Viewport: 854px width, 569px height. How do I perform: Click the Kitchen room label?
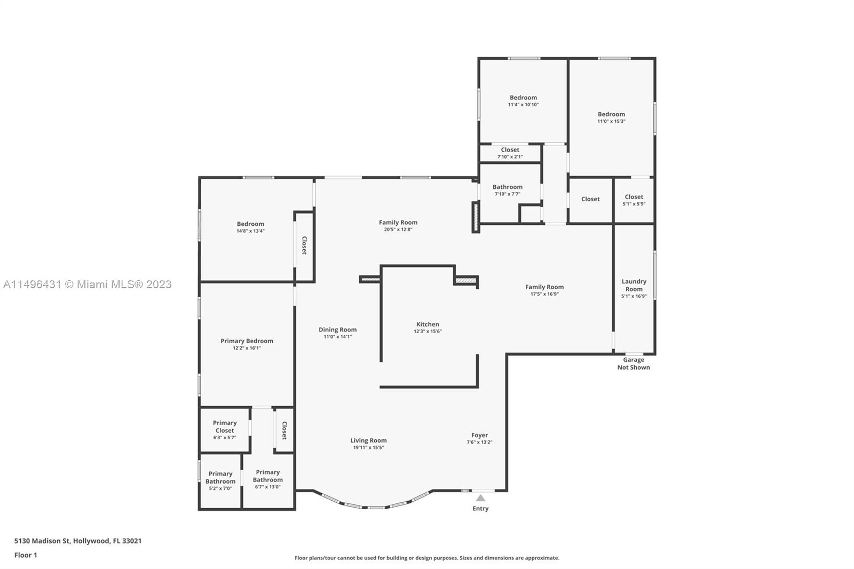pos(428,324)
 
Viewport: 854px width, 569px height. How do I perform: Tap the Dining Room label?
pos(337,329)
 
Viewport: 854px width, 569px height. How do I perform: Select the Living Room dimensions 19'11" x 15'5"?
pos(368,447)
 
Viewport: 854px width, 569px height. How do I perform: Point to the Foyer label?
pos(479,435)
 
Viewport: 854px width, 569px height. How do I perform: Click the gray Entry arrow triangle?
pos(480,497)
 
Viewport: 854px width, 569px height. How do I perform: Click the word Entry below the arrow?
pos(480,508)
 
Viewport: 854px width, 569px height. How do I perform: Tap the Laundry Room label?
pos(634,285)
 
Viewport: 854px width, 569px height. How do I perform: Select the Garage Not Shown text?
pos(634,363)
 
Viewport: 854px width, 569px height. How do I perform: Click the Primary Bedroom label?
pos(247,341)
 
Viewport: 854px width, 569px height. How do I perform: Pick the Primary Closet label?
pos(225,426)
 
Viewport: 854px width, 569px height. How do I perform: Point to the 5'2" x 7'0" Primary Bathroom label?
pos(220,488)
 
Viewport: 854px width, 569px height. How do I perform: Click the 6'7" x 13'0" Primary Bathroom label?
pos(267,487)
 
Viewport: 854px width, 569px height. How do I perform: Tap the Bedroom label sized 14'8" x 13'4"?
pos(250,224)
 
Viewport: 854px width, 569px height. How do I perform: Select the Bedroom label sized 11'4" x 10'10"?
pos(523,98)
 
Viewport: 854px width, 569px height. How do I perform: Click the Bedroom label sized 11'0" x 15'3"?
pos(611,114)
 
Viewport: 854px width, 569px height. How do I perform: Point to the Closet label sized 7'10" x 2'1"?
pos(510,150)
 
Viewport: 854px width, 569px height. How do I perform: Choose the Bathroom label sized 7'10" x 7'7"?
pos(507,187)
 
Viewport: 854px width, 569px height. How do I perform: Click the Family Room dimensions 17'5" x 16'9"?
pos(544,294)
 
